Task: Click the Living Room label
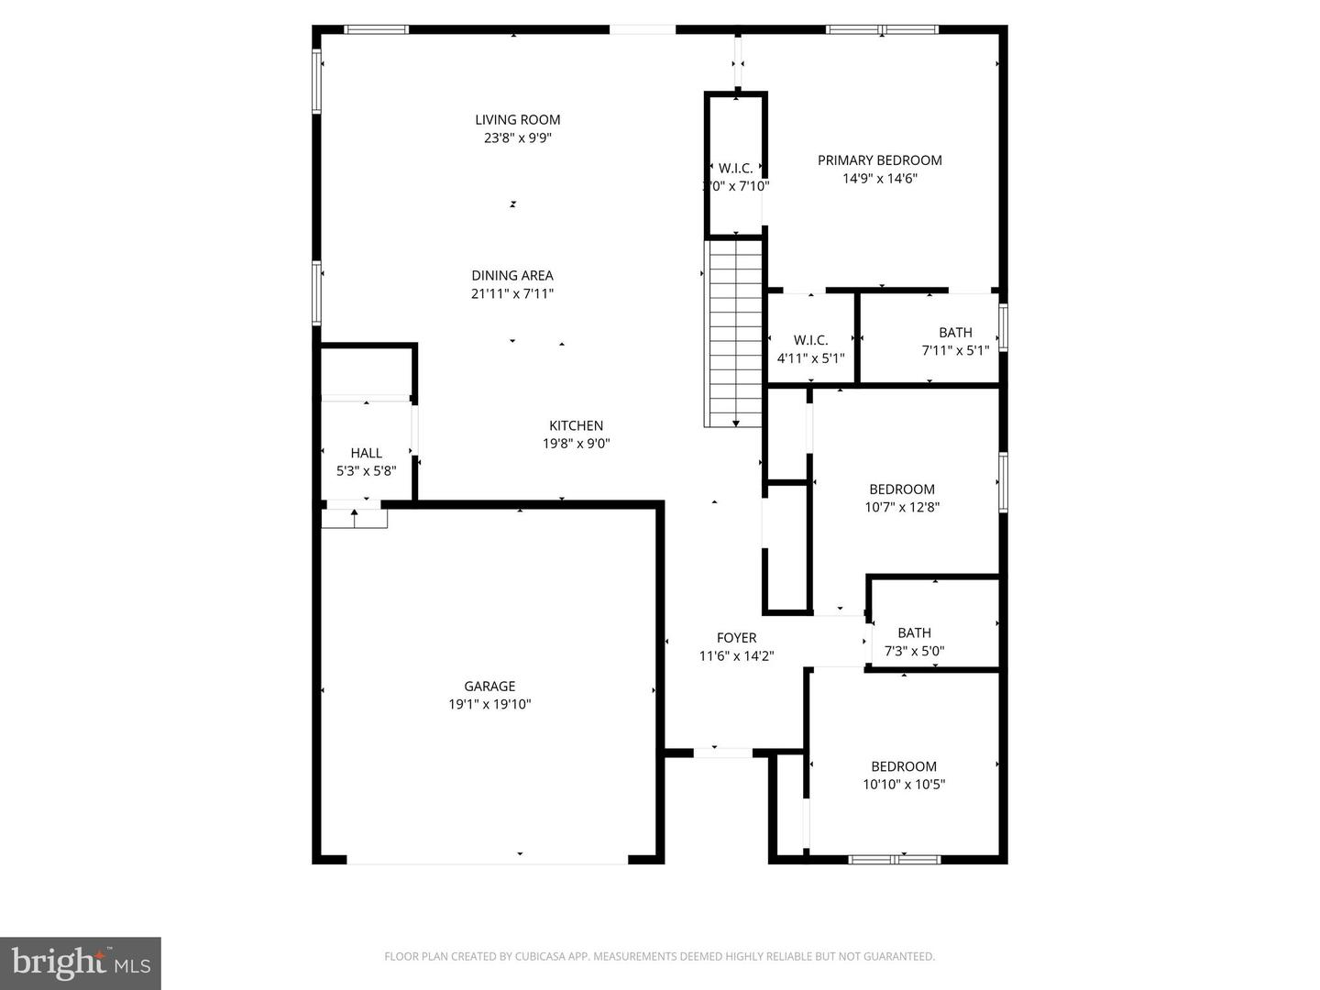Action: pos(517,119)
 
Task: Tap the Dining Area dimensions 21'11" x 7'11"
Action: pos(511,294)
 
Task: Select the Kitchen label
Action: pos(576,425)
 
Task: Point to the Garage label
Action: pos(489,686)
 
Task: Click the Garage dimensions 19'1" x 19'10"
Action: pos(489,705)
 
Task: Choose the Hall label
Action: pos(366,453)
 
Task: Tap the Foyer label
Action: pos(736,638)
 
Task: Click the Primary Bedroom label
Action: pos(879,160)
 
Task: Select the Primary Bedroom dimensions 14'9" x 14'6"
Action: pos(879,179)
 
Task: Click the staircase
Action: pos(733,330)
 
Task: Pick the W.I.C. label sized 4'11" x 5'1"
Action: pos(810,340)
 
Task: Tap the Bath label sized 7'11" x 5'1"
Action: pos(955,333)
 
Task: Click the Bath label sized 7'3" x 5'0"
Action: pos(914,632)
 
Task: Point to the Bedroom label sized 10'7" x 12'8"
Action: pos(902,489)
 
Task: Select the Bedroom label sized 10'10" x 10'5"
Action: pos(903,766)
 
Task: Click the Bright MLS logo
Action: pos(81,962)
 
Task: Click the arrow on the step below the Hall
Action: pos(354,515)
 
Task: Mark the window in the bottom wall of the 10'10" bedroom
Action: pos(894,859)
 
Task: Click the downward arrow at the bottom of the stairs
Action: pos(735,422)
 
